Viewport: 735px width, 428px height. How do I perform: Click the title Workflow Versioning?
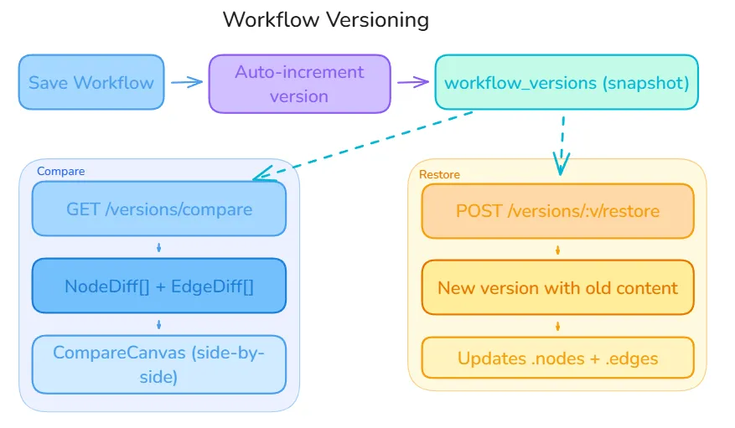[x=325, y=19]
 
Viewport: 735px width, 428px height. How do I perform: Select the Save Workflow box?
[x=91, y=82]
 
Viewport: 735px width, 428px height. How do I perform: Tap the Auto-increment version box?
[x=299, y=84]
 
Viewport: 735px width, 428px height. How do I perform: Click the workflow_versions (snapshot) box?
[x=566, y=83]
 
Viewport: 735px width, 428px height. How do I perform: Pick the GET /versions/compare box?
[x=159, y=209]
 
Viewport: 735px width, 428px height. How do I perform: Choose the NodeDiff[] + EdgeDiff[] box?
[x=159, y=286]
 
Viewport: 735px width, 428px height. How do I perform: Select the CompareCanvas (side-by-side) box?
[x=159, y=364]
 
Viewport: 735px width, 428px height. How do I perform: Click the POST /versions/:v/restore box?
[x=557, y=210]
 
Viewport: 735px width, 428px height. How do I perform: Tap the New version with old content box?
[x=557, y=287]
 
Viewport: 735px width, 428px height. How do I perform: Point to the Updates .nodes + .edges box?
[x=557, y=358]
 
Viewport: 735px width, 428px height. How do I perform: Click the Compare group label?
[x=60, y=171]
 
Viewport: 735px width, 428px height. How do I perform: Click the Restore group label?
[x=439, y=174]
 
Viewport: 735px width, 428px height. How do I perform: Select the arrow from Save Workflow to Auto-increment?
[x=187, y=82]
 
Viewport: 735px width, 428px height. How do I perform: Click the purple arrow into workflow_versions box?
[x=412, y=83]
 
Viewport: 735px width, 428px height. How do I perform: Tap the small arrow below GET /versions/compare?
[x=159, y=247]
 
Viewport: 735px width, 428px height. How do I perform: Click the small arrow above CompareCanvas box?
[x=159, y=324]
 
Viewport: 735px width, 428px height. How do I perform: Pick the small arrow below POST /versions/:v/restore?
[x=557, y=250]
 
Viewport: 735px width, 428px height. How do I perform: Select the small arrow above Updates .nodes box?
[x=557, y=326]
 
